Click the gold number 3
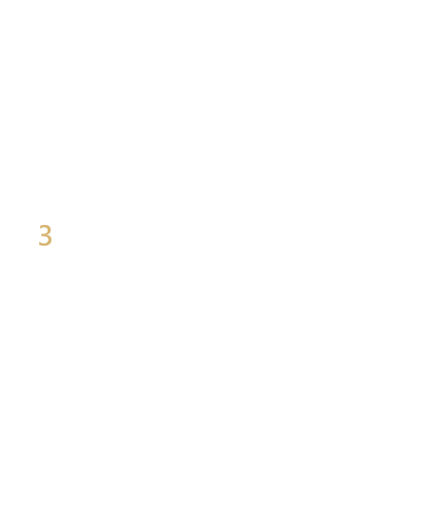tap(46, 234)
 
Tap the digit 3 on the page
tap(46, 234)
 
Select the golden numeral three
tap(46, 234)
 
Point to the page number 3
tap(46, 234)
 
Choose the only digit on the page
tap(46, 234)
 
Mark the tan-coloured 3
tap(46, 234)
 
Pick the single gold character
tap(46, 234)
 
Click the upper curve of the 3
tap(50, 230)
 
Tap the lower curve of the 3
tap(50, 240)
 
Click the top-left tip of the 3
tap(40, 227)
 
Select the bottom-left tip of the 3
tap(39, 244)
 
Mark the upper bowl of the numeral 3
tap(50, 230)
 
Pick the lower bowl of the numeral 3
tap(50, 240)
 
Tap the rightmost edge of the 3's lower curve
tap(52, 240)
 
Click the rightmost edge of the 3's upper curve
tap(51, 230)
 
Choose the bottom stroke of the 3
tap(45, 245)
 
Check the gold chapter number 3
tap(46, 234)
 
